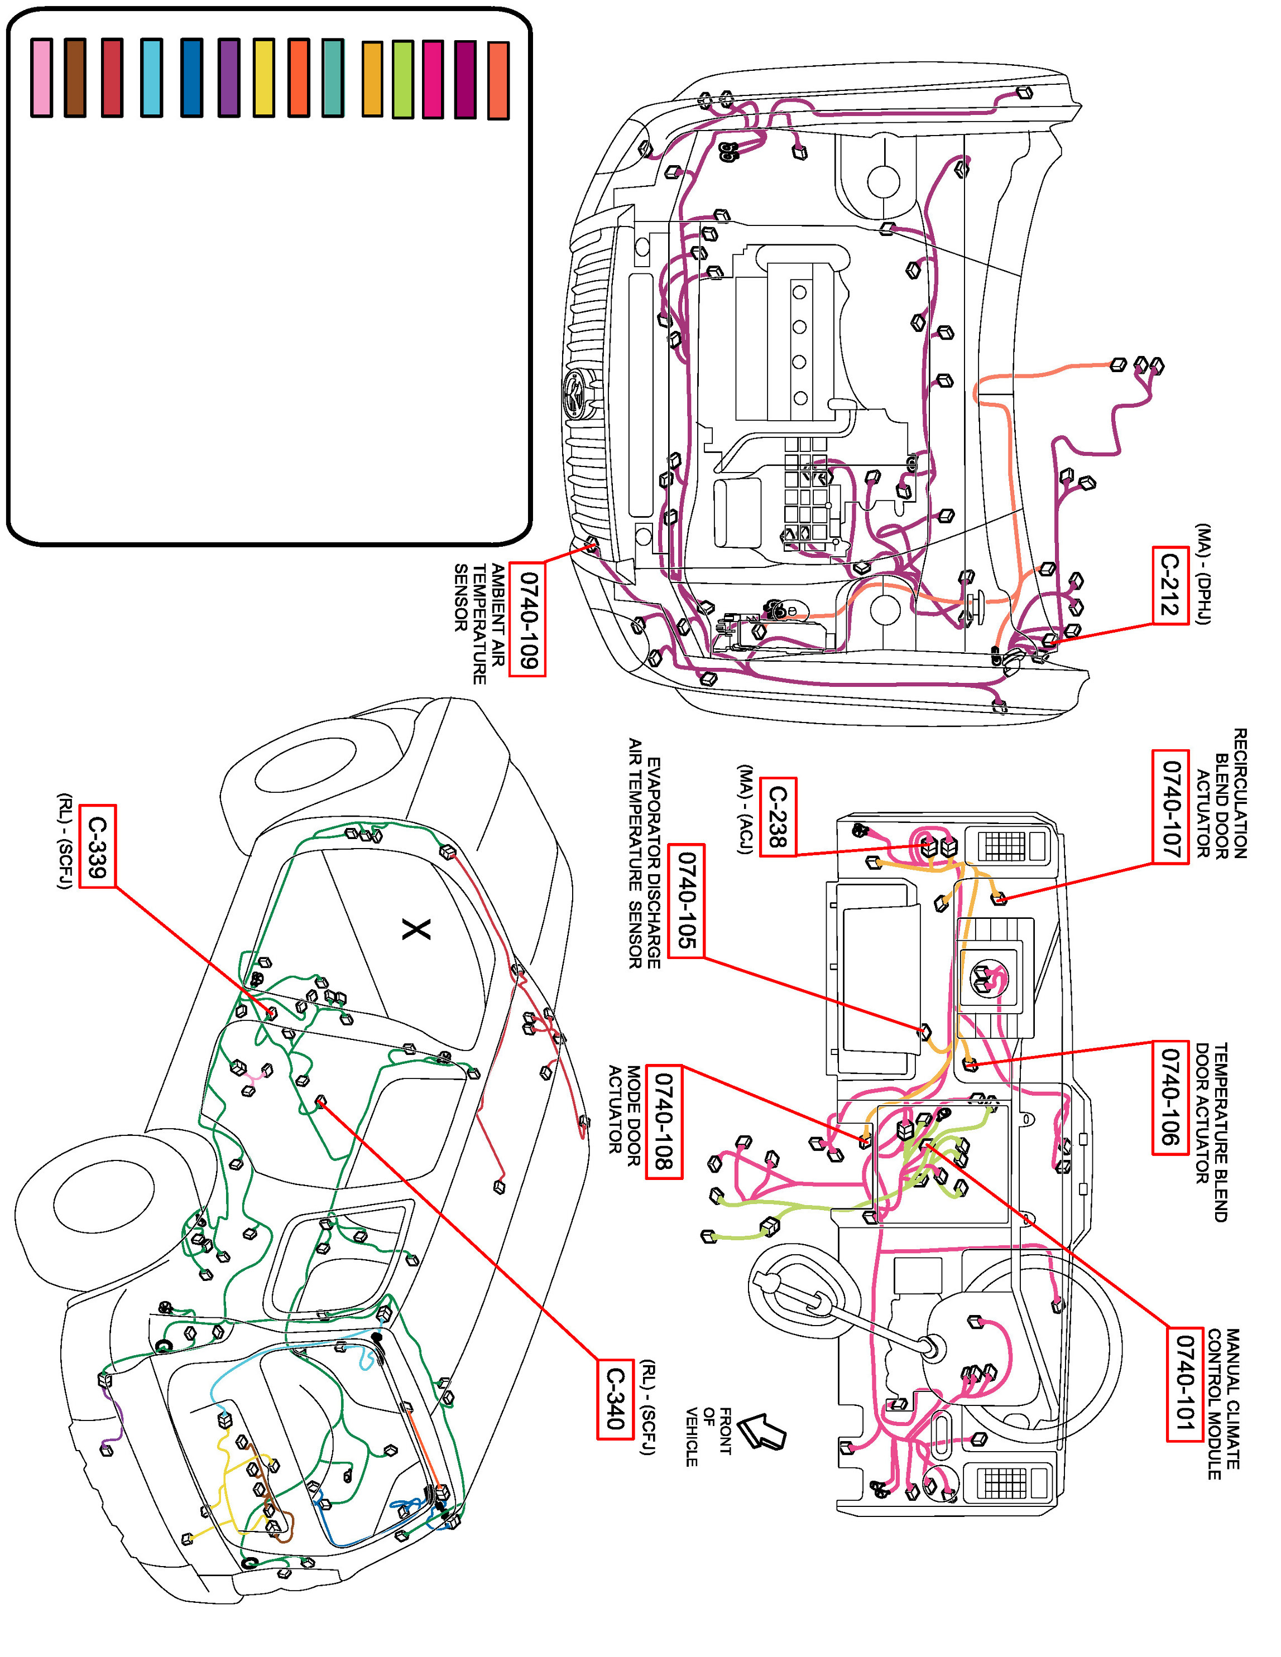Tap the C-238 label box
point(778,816)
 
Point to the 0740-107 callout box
point(1170,807)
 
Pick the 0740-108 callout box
point(664,1121)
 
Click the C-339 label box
point(97,846)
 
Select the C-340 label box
point(615,1398)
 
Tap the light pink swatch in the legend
point(42,78)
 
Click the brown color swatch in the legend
point(75,78)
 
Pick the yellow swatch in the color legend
point(264,78)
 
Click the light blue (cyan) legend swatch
point(152,78)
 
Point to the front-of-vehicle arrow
point(761,1429)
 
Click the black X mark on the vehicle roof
point(416,929)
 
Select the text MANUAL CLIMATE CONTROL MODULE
point(1224,1404)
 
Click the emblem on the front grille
point(577,396)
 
